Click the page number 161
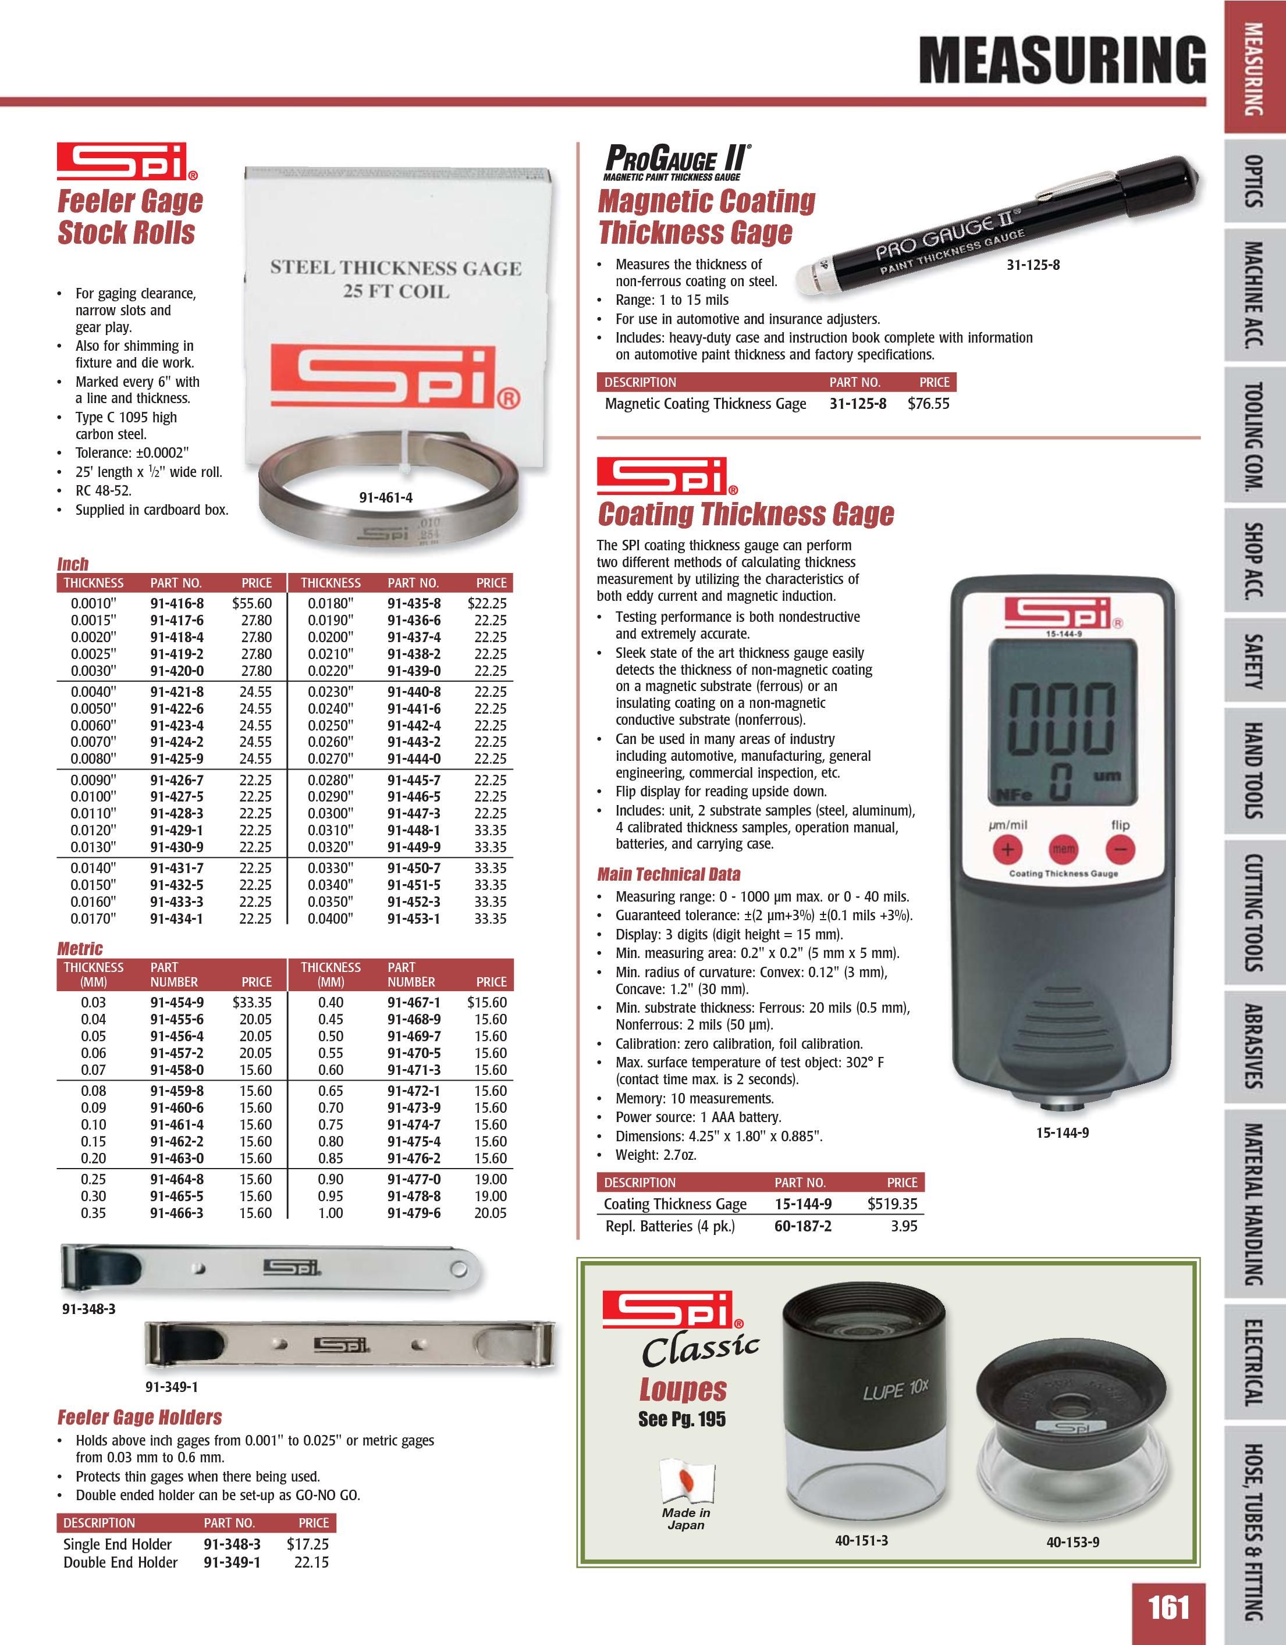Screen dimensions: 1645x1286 click(x=1168, y=1607)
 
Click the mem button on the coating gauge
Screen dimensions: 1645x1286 click(x=1064, y=849)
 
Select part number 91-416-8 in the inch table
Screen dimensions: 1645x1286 click(x=177, y=603)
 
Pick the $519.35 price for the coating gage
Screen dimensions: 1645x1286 click(x=892, y=1204)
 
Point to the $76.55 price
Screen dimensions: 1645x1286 click(x=928, y=404)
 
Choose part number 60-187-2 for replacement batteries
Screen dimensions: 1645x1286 click(x=803, y=1226)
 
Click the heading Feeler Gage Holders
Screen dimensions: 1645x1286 click(x=140, y=1418)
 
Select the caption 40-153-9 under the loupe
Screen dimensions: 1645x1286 click(x=1072, y=1542)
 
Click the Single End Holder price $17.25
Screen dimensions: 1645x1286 click(x=307, y=1543)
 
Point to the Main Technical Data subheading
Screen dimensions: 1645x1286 click(x=668, y=874)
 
